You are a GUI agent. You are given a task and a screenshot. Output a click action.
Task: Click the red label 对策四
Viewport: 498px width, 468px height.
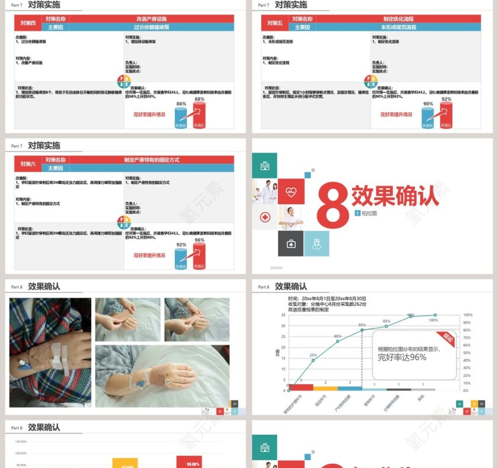pyautogui.click(x=28, y=23)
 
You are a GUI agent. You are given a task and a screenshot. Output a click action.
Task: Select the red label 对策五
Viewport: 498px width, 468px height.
pyautogui.click(x=275, y=23)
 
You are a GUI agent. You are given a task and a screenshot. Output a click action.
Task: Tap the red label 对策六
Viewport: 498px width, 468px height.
pyautogui.click(x=28, y=164)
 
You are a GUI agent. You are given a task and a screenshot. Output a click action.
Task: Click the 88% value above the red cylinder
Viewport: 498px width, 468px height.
pyautogui.click(x=199, y=99)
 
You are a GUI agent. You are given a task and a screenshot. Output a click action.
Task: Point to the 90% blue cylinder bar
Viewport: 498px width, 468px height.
pyautogui.click(x=428, y=118)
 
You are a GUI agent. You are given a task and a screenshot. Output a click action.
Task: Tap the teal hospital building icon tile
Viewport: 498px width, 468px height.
pyautogui.click(x=264, y=165)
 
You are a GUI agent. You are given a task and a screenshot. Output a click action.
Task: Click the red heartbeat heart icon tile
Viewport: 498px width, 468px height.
pyautogui.click(x=290, y=191)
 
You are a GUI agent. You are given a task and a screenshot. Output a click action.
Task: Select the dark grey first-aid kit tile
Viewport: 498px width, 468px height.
pyautogui.click(x=290, y=244)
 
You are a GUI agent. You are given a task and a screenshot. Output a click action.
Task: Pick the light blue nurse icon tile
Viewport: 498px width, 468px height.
pyautogui.click(x=317, y=244)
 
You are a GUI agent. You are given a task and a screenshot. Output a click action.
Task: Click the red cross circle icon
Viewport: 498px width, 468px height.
pyautogui.click(x=264, y=217)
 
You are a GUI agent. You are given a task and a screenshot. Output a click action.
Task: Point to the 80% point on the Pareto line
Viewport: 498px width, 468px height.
pyautogui.click(x=362, y=330)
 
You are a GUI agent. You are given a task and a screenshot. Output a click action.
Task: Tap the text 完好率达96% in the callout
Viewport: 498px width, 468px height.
pyautogui.click(x=402, y=357)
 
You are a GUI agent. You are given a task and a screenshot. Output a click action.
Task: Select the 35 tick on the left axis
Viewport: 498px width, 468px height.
pyautogui.click(x=283, y=315)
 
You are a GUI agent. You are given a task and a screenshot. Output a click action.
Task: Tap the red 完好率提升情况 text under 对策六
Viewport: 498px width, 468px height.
pyautogui.click(x=149, y=255)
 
